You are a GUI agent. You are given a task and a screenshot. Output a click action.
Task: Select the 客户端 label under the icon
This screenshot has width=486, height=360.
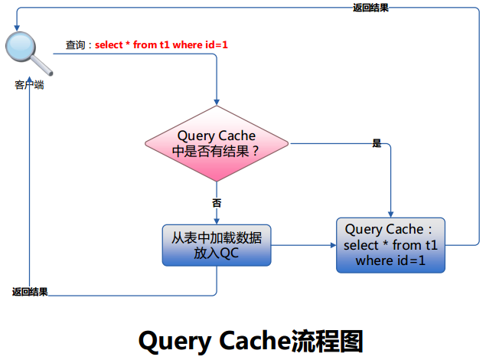coord(29,85)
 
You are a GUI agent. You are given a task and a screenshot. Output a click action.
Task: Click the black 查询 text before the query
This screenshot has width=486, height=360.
coord(76,45)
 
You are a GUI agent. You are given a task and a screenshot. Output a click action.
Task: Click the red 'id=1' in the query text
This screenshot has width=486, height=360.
coord(214,45)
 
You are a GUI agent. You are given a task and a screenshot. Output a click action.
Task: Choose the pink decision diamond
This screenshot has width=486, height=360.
coord(217,143)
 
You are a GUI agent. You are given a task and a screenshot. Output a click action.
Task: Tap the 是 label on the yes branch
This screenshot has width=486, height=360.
coord(376,143)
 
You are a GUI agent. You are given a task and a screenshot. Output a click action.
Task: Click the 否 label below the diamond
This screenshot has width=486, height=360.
coord(217,203)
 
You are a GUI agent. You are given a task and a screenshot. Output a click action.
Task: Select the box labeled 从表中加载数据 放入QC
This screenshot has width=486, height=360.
coord(217,245)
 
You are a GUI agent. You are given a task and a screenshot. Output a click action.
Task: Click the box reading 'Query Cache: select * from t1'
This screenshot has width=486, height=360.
coord(390,245)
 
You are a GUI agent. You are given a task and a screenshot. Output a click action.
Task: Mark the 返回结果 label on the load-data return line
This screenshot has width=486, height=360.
coord(30,292)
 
